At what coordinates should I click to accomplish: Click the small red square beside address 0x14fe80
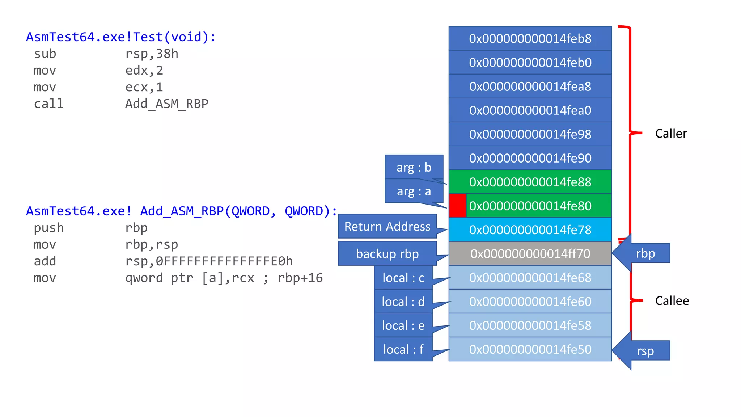pos(457,206)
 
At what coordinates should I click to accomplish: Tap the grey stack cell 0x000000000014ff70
pos(530,253)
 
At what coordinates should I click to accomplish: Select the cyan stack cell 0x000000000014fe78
pos(530,229)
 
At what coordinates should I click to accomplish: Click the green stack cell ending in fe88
pos(530,182)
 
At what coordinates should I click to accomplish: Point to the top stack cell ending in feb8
pos(530,38)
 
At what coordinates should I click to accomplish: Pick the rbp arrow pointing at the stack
pos(642,253)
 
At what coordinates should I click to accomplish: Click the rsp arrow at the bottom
pos(642,351)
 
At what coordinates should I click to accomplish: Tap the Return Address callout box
pos(387,227)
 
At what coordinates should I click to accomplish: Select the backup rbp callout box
pos(387,254)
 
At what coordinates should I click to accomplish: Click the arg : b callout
pos(414,167)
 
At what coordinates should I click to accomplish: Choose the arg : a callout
pos(414,191)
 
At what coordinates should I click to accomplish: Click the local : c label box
pos(403,278)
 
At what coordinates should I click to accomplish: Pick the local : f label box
pos(403,349)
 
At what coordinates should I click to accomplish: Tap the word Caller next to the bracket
pos(671,134)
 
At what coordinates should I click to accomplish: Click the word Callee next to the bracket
pos(672,301)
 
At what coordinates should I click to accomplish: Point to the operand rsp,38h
pos(152,54)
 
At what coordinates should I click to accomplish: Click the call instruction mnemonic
pos(48,104)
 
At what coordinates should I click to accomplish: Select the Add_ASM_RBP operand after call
pos(166,104)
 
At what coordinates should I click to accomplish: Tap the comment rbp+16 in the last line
pos(300,278)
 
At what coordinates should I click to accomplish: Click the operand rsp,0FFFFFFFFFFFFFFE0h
pos(209,261)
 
